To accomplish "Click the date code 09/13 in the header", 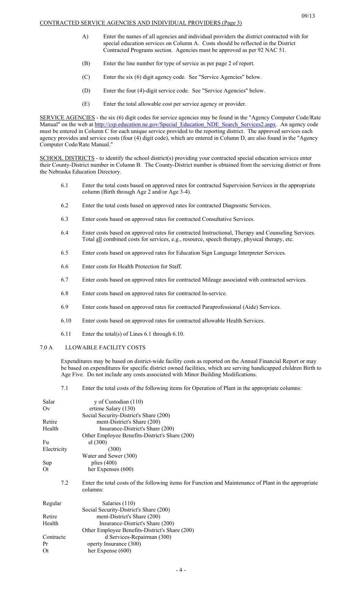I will tap(308, 16).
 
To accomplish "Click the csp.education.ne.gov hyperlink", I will tap(185, 124).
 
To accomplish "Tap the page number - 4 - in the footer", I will tap(181, 570).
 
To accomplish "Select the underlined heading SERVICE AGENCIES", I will tap(67, 117).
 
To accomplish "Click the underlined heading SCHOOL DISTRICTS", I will tap(67, 158).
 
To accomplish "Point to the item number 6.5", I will tap(64, 253).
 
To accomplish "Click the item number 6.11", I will tap(66, 334).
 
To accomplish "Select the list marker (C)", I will tap(86, 77).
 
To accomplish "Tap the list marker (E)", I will tap(86, 104).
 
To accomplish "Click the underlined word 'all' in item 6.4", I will tap(99, 239).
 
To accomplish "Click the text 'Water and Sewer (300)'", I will tap(109, 456).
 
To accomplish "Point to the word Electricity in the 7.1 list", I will tap(55, 449).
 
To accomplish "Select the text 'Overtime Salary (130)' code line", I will tap(112, 408).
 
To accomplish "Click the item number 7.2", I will tap(64, 483).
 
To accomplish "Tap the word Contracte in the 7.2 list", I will tap(54, 537).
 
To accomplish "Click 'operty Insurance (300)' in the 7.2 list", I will tap(114, 544).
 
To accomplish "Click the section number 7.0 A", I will tap(46, 347).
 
